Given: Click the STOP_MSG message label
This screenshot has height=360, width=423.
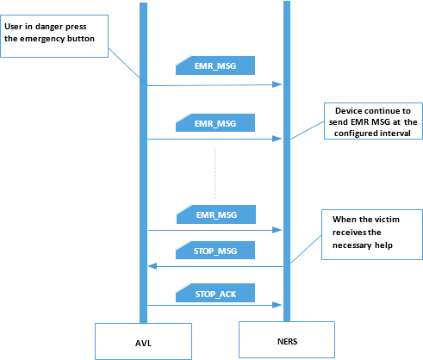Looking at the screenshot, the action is [215, 251].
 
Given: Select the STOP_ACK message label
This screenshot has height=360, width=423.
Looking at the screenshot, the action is [215, 293].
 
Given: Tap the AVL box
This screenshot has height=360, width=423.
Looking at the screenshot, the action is [143, 341].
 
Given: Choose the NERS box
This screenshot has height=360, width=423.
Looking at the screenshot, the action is [287, 339].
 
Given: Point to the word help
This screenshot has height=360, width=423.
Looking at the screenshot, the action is [383, 245].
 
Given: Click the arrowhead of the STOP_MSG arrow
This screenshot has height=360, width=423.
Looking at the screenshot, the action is [152, 266].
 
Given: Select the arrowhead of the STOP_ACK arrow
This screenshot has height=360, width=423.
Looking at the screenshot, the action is [277, 305].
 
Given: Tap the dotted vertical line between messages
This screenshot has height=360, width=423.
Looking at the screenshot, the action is [215, 174].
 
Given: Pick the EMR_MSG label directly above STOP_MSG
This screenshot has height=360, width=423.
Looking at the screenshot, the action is [216, 214].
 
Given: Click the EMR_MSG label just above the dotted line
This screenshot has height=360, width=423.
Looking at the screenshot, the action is [215, 123].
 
